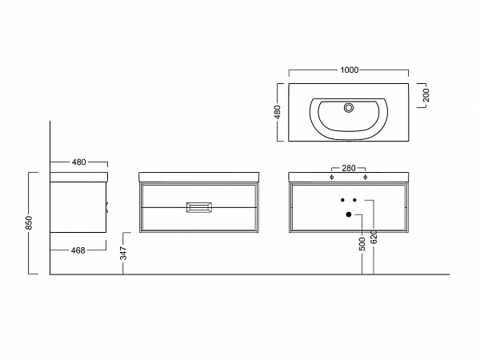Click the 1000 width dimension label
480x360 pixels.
(x=350, y=70)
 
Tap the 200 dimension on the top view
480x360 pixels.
(x=426, y=95)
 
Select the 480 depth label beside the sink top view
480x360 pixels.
(x=278, y=112)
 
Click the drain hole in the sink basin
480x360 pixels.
(x=348, y=107)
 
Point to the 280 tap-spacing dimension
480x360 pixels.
(x=349, y=168)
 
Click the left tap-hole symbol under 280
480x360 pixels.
(x=331, y=177)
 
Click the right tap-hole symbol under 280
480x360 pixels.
(x=365, y=177)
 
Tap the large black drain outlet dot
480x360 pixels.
(x=348, y=214)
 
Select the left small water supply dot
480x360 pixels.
(x=342, y=200)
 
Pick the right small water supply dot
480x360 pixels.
(x=354, y=200)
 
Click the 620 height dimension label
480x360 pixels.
(x=374, y=238)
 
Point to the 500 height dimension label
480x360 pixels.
(x=362, y=244)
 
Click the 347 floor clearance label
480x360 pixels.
(x=123, y=253)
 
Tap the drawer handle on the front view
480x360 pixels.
(x=198, y=207)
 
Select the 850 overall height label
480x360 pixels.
(x=29, y=223)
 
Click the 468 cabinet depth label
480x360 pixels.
(x=78, y=250)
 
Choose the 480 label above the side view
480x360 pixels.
(x=78, y=162)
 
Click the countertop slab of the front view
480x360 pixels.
(x=198, y=178)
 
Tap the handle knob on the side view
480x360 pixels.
(x=107, y=207)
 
